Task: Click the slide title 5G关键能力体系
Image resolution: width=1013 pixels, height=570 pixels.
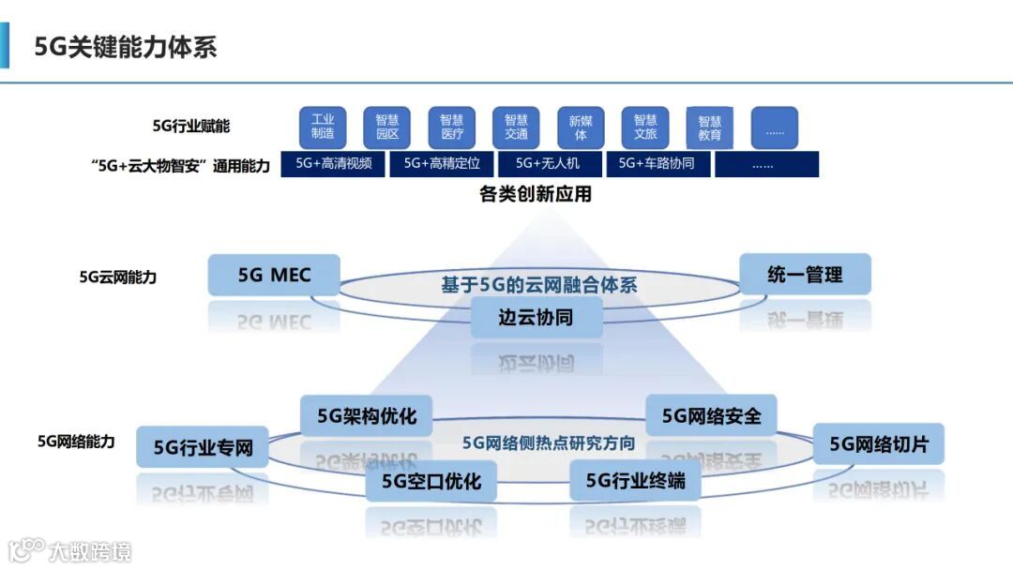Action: pos(126,48)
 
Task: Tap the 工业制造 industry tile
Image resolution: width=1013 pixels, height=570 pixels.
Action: pos(323,127)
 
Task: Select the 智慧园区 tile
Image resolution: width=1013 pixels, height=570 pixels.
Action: pos(387,127)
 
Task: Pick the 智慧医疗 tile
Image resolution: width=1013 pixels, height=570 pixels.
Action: pos(452,127)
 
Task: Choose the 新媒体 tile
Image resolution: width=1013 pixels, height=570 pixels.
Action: pos(581,127)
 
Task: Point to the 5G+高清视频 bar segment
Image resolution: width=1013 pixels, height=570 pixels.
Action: pos(334,163)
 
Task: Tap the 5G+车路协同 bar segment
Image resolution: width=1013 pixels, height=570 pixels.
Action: pos(657,163)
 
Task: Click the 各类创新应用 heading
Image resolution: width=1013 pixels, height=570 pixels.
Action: pos(536,194)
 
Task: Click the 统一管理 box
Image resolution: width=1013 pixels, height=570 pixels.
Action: pos(805,275)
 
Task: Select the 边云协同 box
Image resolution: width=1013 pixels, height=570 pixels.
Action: pos(536,317)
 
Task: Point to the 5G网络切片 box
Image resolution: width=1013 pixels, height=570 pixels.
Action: pos(878,443)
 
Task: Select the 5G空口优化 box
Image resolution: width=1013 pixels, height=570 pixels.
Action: pos(431,481)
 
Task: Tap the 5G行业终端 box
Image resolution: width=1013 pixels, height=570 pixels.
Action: pos(635,481)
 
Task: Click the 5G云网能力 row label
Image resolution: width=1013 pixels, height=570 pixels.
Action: pos(118,277)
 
